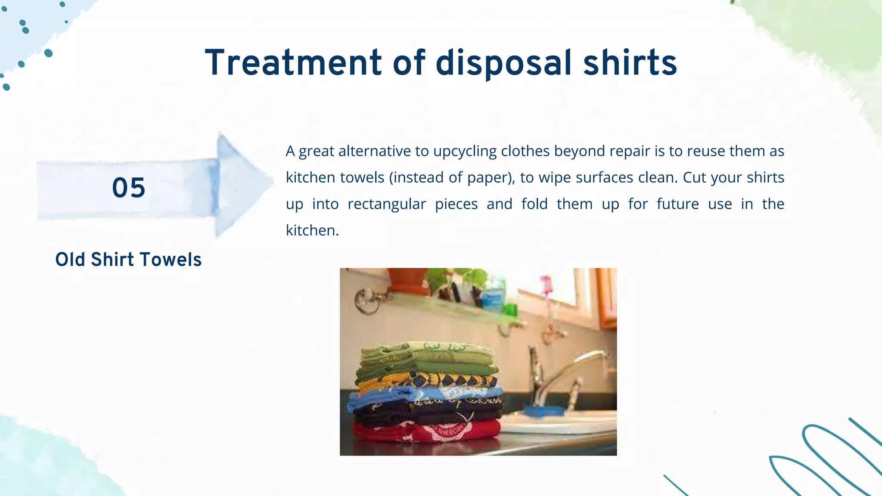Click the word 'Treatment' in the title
[293, 63]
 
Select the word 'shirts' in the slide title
[630, 63]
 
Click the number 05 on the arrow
[128, 188]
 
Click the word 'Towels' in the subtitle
[171, 260]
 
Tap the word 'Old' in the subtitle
[71, 260]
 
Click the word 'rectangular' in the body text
[386, 204]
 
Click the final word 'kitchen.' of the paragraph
[312, 230]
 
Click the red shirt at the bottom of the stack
[426, 431]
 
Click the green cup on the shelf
[510, 309]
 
